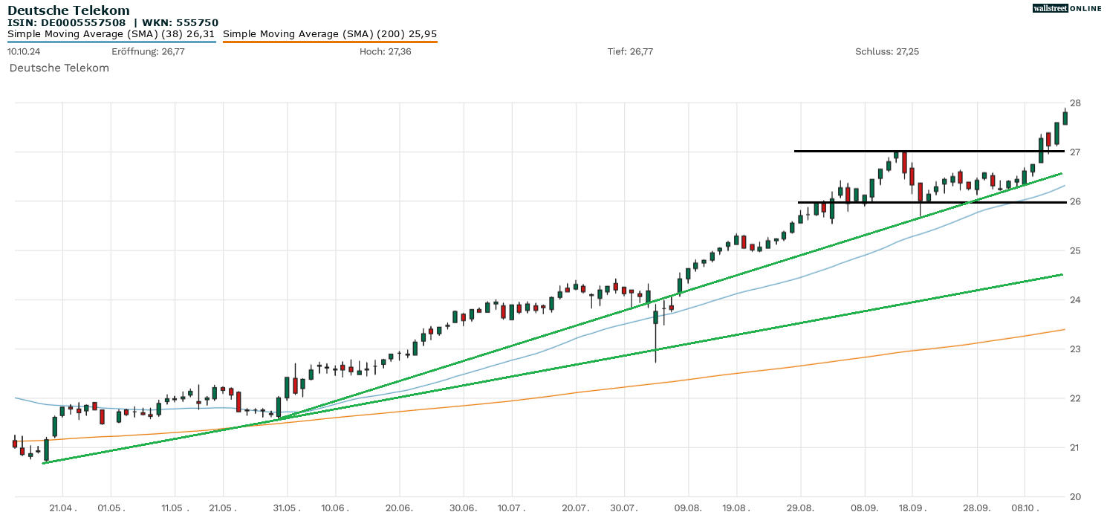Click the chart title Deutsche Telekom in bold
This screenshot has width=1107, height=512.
pos(68,10)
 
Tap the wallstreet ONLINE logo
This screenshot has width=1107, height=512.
pos(1067,8)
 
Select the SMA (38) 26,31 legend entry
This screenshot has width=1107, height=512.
pos(111,33)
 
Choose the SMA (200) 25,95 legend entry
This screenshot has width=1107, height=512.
pos(330,33)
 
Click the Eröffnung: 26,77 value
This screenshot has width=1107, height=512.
pos(148,51)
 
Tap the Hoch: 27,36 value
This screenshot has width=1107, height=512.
pos(385,51)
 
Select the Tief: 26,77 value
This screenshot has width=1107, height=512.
pos(630,51)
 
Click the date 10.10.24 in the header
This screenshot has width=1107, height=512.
pos(25,51)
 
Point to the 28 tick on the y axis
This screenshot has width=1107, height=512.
pos(1075,103)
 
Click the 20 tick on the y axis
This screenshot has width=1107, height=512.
pos(1075,496)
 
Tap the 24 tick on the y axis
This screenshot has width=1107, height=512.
pos(1075,299)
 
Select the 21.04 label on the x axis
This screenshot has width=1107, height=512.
pos(62,507)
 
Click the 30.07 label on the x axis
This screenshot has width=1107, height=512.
pos(624,507)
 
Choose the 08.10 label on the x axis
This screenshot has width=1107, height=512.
pos(1024,507)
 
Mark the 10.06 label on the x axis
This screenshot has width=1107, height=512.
pos(335,507)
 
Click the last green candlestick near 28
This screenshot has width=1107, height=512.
pos(1065,117)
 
